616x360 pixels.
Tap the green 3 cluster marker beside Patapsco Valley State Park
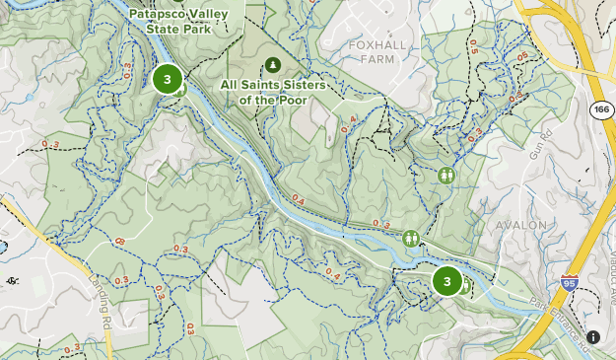(168, 80)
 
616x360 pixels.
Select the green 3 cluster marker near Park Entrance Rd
(447, 282)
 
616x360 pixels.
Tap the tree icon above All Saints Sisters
(273, 65)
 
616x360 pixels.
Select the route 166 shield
(599, 109)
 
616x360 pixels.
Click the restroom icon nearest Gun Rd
(446, 175)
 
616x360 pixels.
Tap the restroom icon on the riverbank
(410, 237)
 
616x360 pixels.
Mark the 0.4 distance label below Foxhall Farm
(347, 125)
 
